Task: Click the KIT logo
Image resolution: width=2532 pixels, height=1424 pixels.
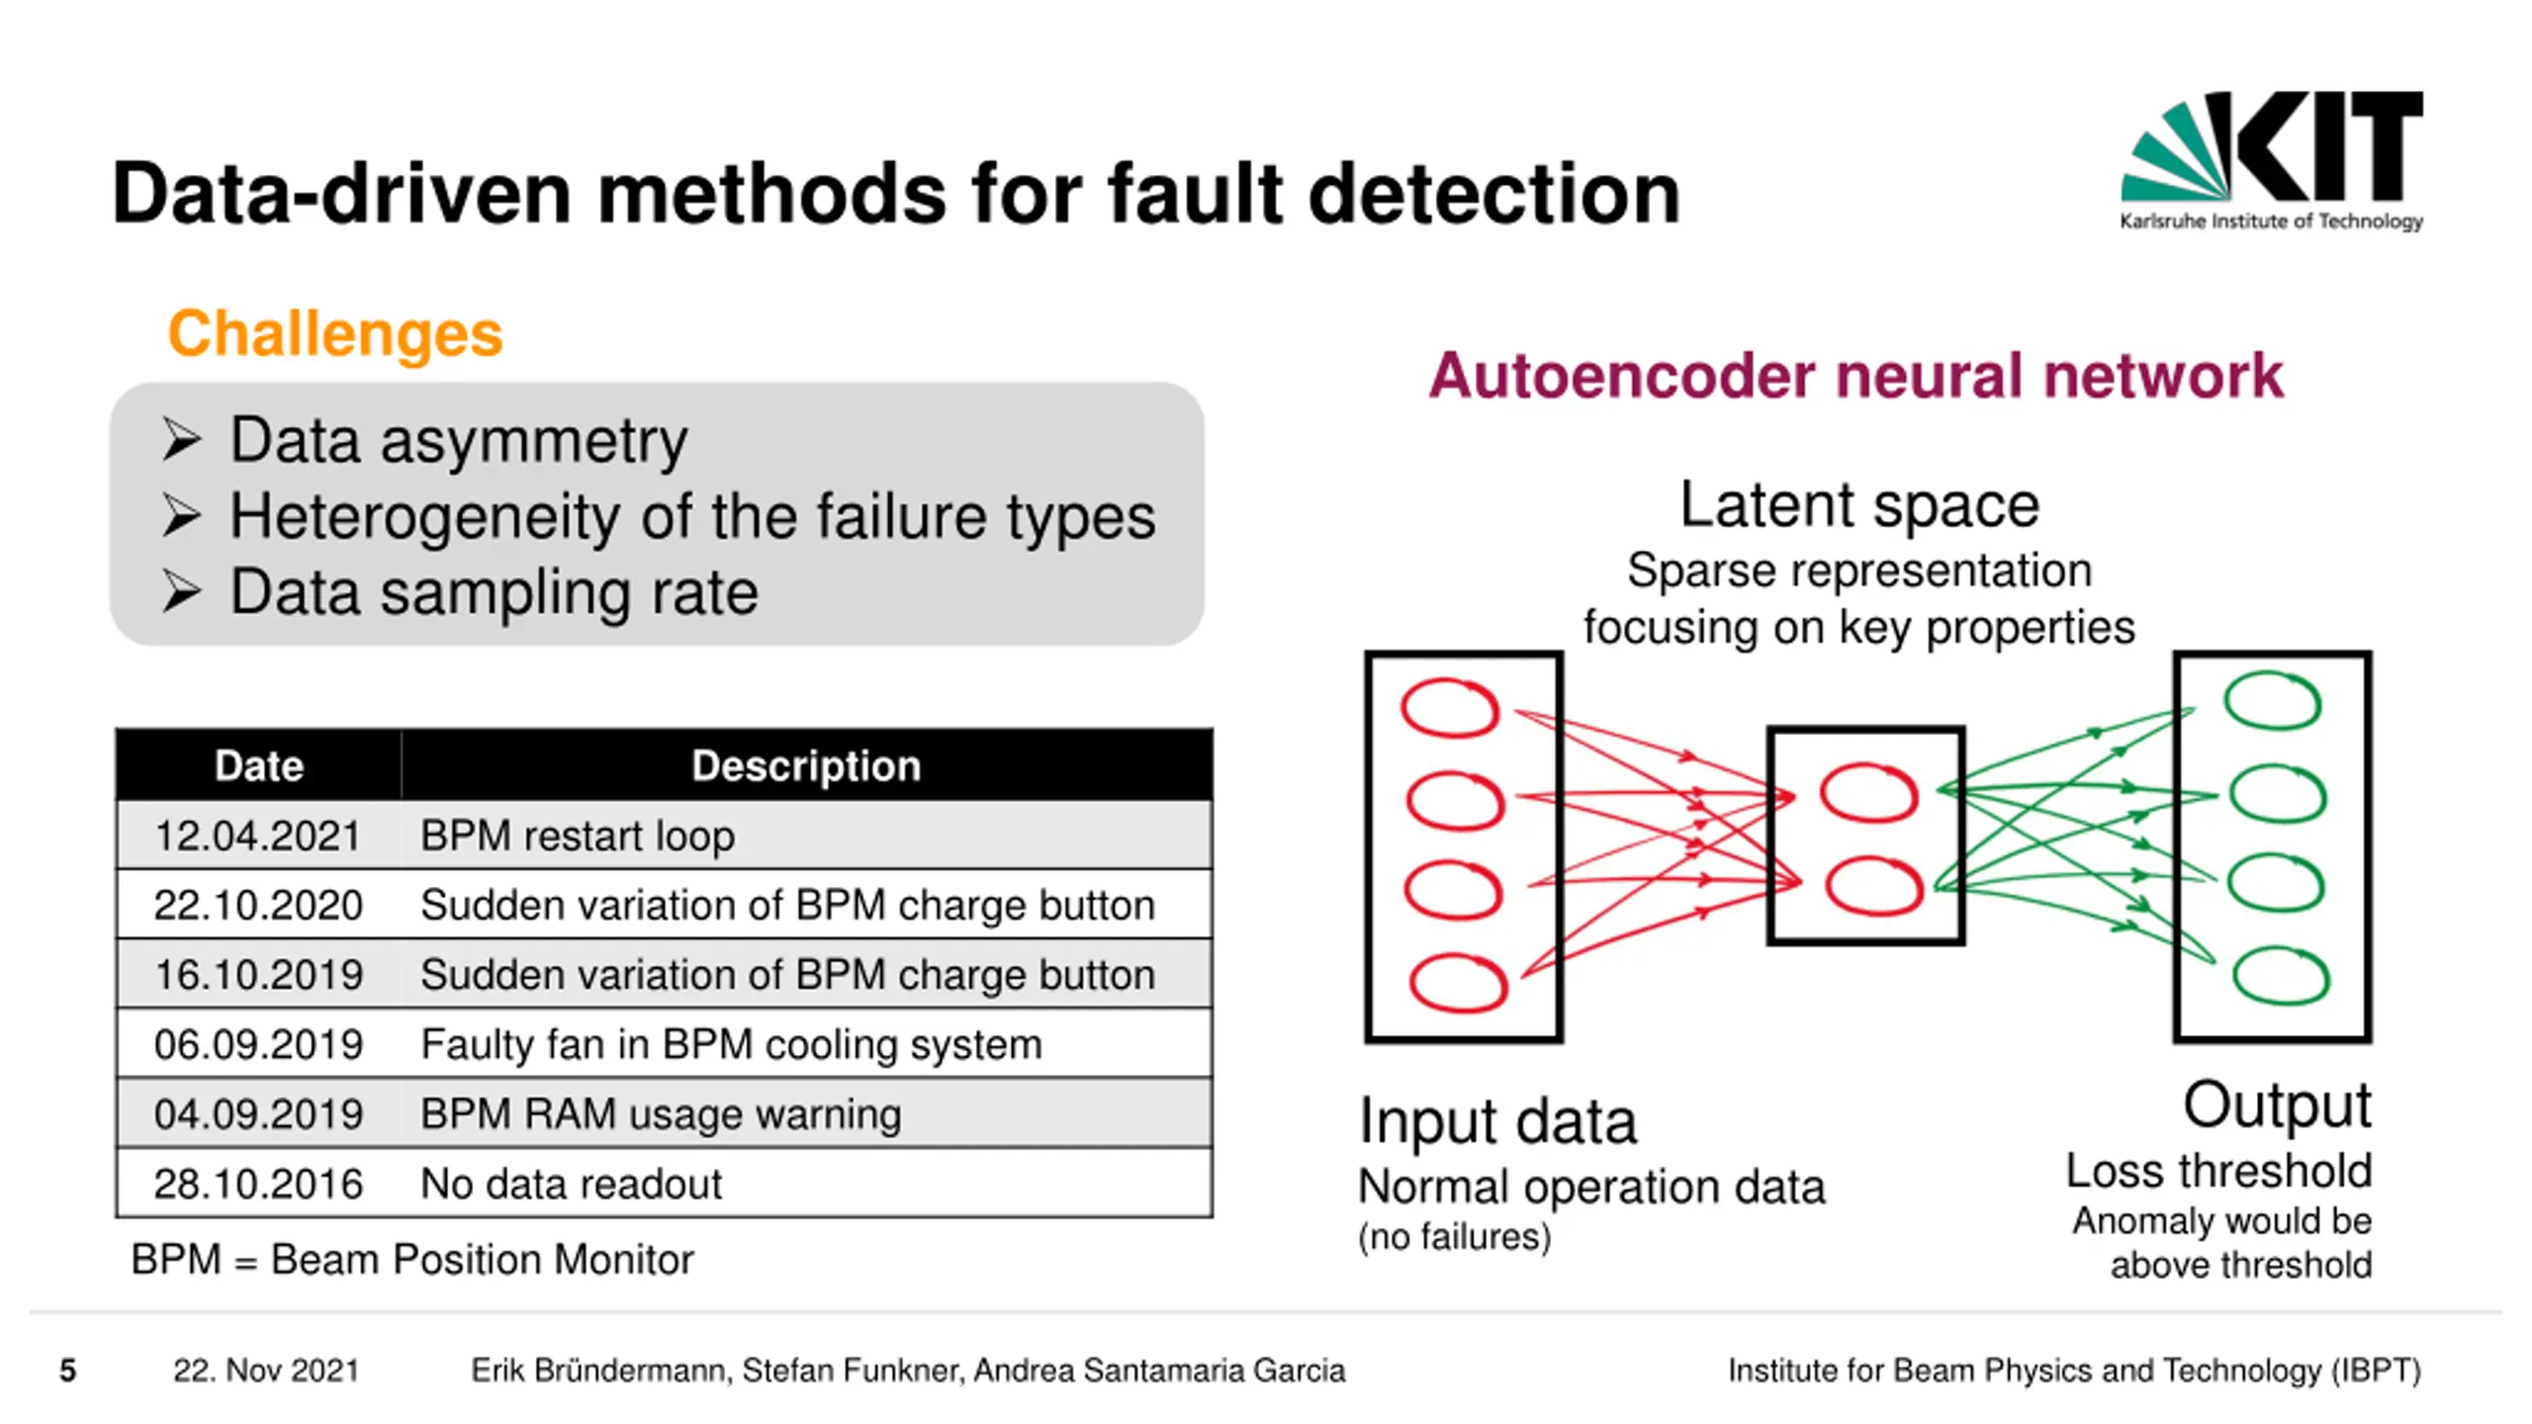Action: click(x=2271, y=161)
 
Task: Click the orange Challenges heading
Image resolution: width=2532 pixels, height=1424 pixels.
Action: click(x=335, y=333)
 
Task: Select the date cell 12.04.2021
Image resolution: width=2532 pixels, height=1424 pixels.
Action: click(x=257, y=836)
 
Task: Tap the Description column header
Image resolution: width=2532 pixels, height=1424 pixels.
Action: click(x=806, y=765)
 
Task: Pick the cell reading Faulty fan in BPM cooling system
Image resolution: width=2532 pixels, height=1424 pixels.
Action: click(x=731, y=1044)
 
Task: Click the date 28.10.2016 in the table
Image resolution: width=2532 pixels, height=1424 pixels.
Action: click(x=258, y=1184)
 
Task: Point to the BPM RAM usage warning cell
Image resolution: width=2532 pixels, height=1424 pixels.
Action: click(x=661, y=1114)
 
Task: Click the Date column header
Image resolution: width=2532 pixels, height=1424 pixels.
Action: click(x=259, y=765)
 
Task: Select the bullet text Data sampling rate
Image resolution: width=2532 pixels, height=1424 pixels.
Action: click(x=494, y=592)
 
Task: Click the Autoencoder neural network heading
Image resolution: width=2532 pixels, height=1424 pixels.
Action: click(x=1855, y=376)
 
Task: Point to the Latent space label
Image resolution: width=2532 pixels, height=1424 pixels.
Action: click(x=1859, y=505)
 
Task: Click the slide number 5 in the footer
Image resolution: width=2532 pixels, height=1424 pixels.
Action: click(x=67, y=1371)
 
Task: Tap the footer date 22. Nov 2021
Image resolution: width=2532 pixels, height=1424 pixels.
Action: click(x=266, y=1371)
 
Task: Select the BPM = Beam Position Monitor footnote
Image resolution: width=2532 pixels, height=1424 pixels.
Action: click(x=412, y=1260)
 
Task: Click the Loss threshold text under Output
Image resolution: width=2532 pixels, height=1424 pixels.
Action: click(x=2218, y=1172)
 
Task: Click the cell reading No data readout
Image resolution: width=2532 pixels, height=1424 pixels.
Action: click(x=571, y=1184)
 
